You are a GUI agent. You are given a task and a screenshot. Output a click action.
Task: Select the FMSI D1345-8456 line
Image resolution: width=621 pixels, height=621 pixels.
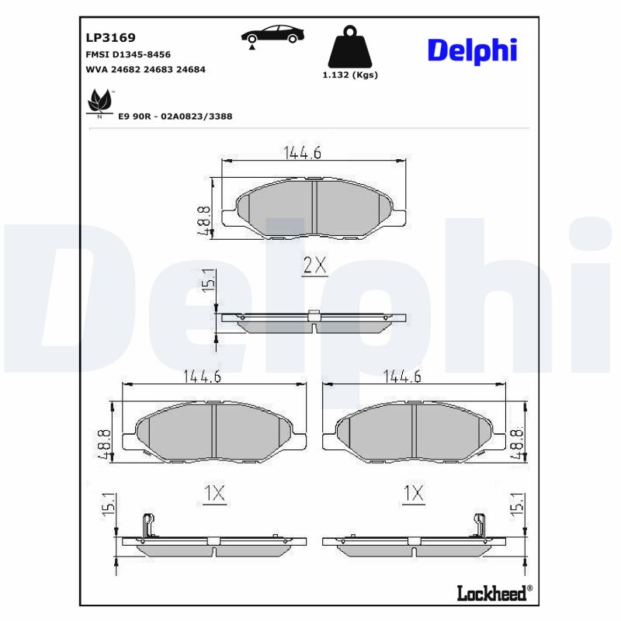(x=127, y=54)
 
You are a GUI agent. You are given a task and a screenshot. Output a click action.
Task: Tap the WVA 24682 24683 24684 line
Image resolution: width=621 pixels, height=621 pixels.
(x=145, y=69)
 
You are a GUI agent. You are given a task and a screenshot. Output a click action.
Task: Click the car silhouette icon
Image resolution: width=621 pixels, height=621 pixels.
(x=272, y=36)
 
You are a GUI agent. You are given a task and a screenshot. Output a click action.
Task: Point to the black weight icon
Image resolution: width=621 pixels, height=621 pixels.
(x=349, y=48)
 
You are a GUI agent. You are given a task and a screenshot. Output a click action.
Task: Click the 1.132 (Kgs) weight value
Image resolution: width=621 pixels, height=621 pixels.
(x=349, y=75)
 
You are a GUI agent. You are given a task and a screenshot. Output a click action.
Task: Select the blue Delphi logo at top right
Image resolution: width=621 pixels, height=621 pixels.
(x=472, y=50)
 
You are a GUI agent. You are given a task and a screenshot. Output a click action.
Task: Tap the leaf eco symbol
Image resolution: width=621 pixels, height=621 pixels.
(x=99, y=102)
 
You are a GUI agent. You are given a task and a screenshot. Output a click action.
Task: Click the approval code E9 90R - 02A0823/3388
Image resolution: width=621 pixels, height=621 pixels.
(x=175, y=116)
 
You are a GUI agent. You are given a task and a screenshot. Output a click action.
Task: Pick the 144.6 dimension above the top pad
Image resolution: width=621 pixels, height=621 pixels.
(x=302, y=153)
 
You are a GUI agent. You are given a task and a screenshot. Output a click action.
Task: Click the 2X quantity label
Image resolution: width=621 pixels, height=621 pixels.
(x=314, y=266)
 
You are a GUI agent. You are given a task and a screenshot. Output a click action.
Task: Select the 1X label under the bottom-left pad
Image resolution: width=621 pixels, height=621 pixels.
(x=213, y=493)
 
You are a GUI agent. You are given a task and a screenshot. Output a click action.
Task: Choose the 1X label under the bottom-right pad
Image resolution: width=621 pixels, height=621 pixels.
(x=415, y=493)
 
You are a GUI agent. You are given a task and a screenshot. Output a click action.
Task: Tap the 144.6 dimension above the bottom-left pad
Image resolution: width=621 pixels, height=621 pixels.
(x=203, y=376)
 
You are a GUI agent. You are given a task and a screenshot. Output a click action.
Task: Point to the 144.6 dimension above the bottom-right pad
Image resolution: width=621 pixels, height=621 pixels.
(x=402, y=376)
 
